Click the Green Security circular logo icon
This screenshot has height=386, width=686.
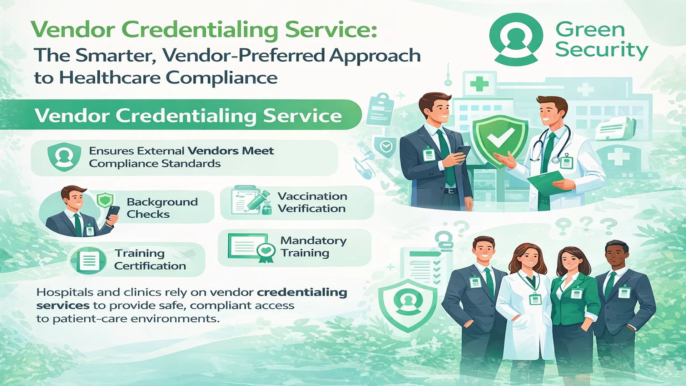click(x=516, y=39)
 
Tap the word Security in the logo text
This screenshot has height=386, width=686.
click(x=602, y=50)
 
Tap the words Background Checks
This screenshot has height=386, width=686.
click(x=162, y=208)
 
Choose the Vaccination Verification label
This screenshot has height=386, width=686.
click(x=312, y=202)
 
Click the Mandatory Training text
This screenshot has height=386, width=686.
click(x=313, y=247)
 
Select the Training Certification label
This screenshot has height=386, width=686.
click(x=150, y=259)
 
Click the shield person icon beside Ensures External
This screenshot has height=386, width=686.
click(x=64, y=157)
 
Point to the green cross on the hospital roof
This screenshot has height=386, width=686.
click(x=479, y=84)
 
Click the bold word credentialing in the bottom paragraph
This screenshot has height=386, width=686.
click(x=302, y=293)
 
